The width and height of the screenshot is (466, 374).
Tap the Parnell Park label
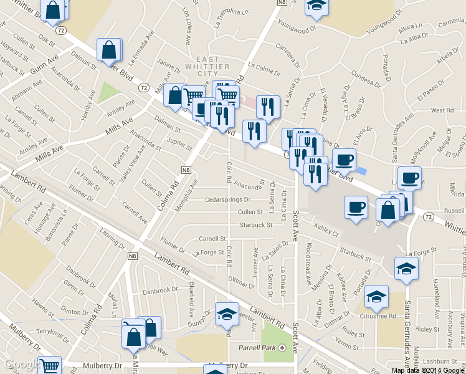pyautogui.click(x=256, y=347)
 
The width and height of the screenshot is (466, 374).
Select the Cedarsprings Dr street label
pyautogui.click(x=227, y=200)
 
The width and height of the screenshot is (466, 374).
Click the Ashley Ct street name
pyautogui.click(x=326, y=230)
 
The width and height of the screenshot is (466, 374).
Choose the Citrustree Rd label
pyautogui.click(x=378, y=317)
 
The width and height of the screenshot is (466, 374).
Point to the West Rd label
pyautogui.click(x=442, y=110)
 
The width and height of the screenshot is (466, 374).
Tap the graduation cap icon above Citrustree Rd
pyautogui.click(x=377, y=298)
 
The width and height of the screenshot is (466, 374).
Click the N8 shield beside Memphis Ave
pyautogui.click(x=186, y=170)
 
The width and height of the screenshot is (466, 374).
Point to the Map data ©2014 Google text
pyautogui.click(x=428, y=370)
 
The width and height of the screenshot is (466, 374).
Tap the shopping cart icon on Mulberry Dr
pyautogui.click(x=50, y=367)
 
